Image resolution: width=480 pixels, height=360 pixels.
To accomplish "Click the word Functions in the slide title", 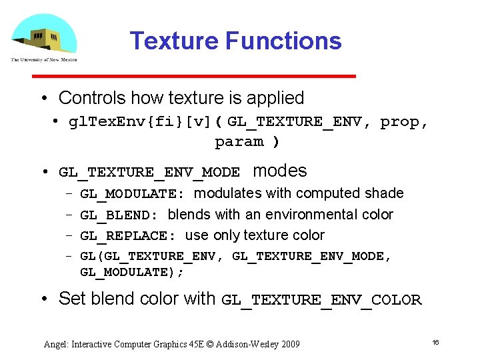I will tap(283, 41).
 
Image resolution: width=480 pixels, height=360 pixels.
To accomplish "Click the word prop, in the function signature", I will tap(404, 122).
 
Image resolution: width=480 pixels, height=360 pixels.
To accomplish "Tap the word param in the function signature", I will tap(239, 141).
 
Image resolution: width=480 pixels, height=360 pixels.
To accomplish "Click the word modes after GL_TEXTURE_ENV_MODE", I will tap(280, 171).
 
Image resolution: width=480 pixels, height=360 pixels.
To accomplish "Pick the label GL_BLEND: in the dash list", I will tap(119, 215).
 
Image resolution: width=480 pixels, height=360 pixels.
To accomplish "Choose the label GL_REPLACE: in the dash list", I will tap(127, 236).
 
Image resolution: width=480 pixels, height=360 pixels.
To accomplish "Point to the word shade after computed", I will tap(385, 193).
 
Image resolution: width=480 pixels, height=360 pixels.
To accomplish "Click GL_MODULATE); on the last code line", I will tap(131, 272).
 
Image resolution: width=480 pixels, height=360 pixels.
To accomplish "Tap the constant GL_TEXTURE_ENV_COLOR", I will tap(321, 300).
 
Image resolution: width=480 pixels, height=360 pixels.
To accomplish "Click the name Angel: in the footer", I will tap(56, 344).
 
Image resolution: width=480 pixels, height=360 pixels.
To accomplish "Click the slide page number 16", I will tap(435, 342).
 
